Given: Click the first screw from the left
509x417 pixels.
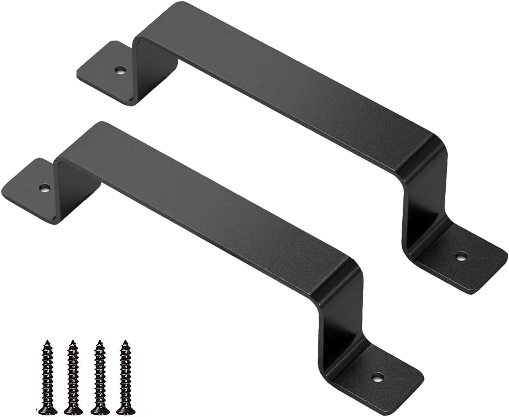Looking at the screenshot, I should coord(47,371).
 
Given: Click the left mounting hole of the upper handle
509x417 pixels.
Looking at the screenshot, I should coord(119,69).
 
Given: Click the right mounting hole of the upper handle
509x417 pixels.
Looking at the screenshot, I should coord(462,256).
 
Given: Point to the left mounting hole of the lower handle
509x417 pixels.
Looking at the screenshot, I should coord(44,188).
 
